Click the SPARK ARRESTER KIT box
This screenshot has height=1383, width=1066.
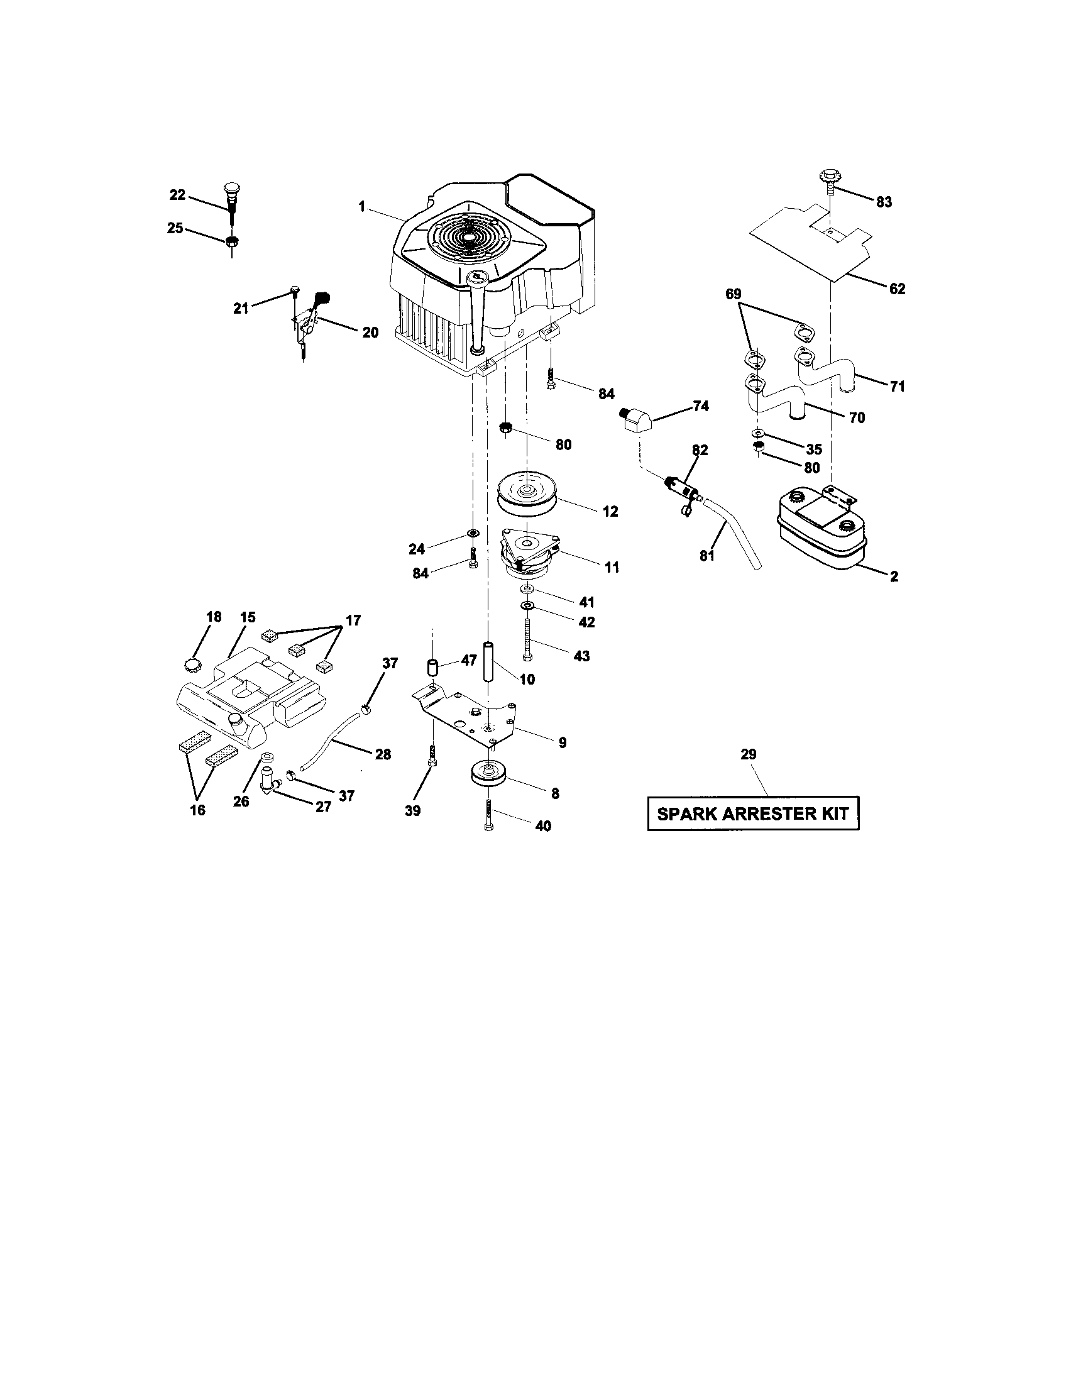752,813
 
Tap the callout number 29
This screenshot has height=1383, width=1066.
748,754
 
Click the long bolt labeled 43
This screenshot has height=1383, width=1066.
527,640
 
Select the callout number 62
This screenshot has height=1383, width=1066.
897,289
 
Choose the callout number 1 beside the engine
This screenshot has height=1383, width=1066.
361,206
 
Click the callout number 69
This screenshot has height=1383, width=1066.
734,294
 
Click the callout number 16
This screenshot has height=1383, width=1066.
197,810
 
